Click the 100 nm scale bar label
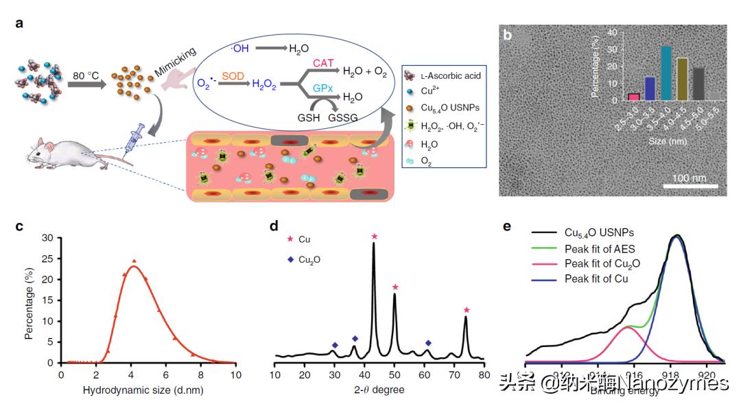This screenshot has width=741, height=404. coord(690,178)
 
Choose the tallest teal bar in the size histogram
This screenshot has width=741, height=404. coord(644,72)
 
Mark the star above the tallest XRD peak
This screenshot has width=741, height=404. coord(374,237)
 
